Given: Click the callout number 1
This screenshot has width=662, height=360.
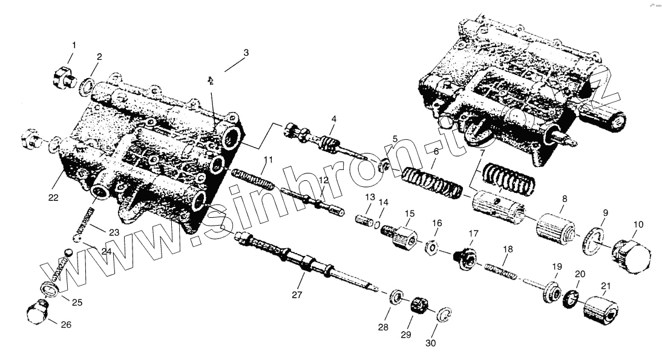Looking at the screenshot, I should click(74, 45).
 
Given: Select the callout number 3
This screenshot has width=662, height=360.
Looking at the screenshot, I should click(246, 53).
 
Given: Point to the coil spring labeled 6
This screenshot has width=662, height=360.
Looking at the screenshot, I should click(431, 182).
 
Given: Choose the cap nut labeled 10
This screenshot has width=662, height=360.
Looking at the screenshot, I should click(631, 255).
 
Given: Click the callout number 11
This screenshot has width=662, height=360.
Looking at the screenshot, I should click(268, 160).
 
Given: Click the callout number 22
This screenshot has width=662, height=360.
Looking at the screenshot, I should click(53, 197).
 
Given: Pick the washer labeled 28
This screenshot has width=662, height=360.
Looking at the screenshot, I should click(396, 297).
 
